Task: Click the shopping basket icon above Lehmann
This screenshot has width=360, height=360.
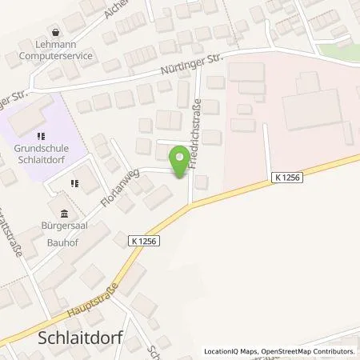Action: tap(54, 32)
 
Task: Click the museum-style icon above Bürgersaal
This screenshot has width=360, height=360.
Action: tap(65, 213)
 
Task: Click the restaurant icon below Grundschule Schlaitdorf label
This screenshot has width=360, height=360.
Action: tap(74, 182)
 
